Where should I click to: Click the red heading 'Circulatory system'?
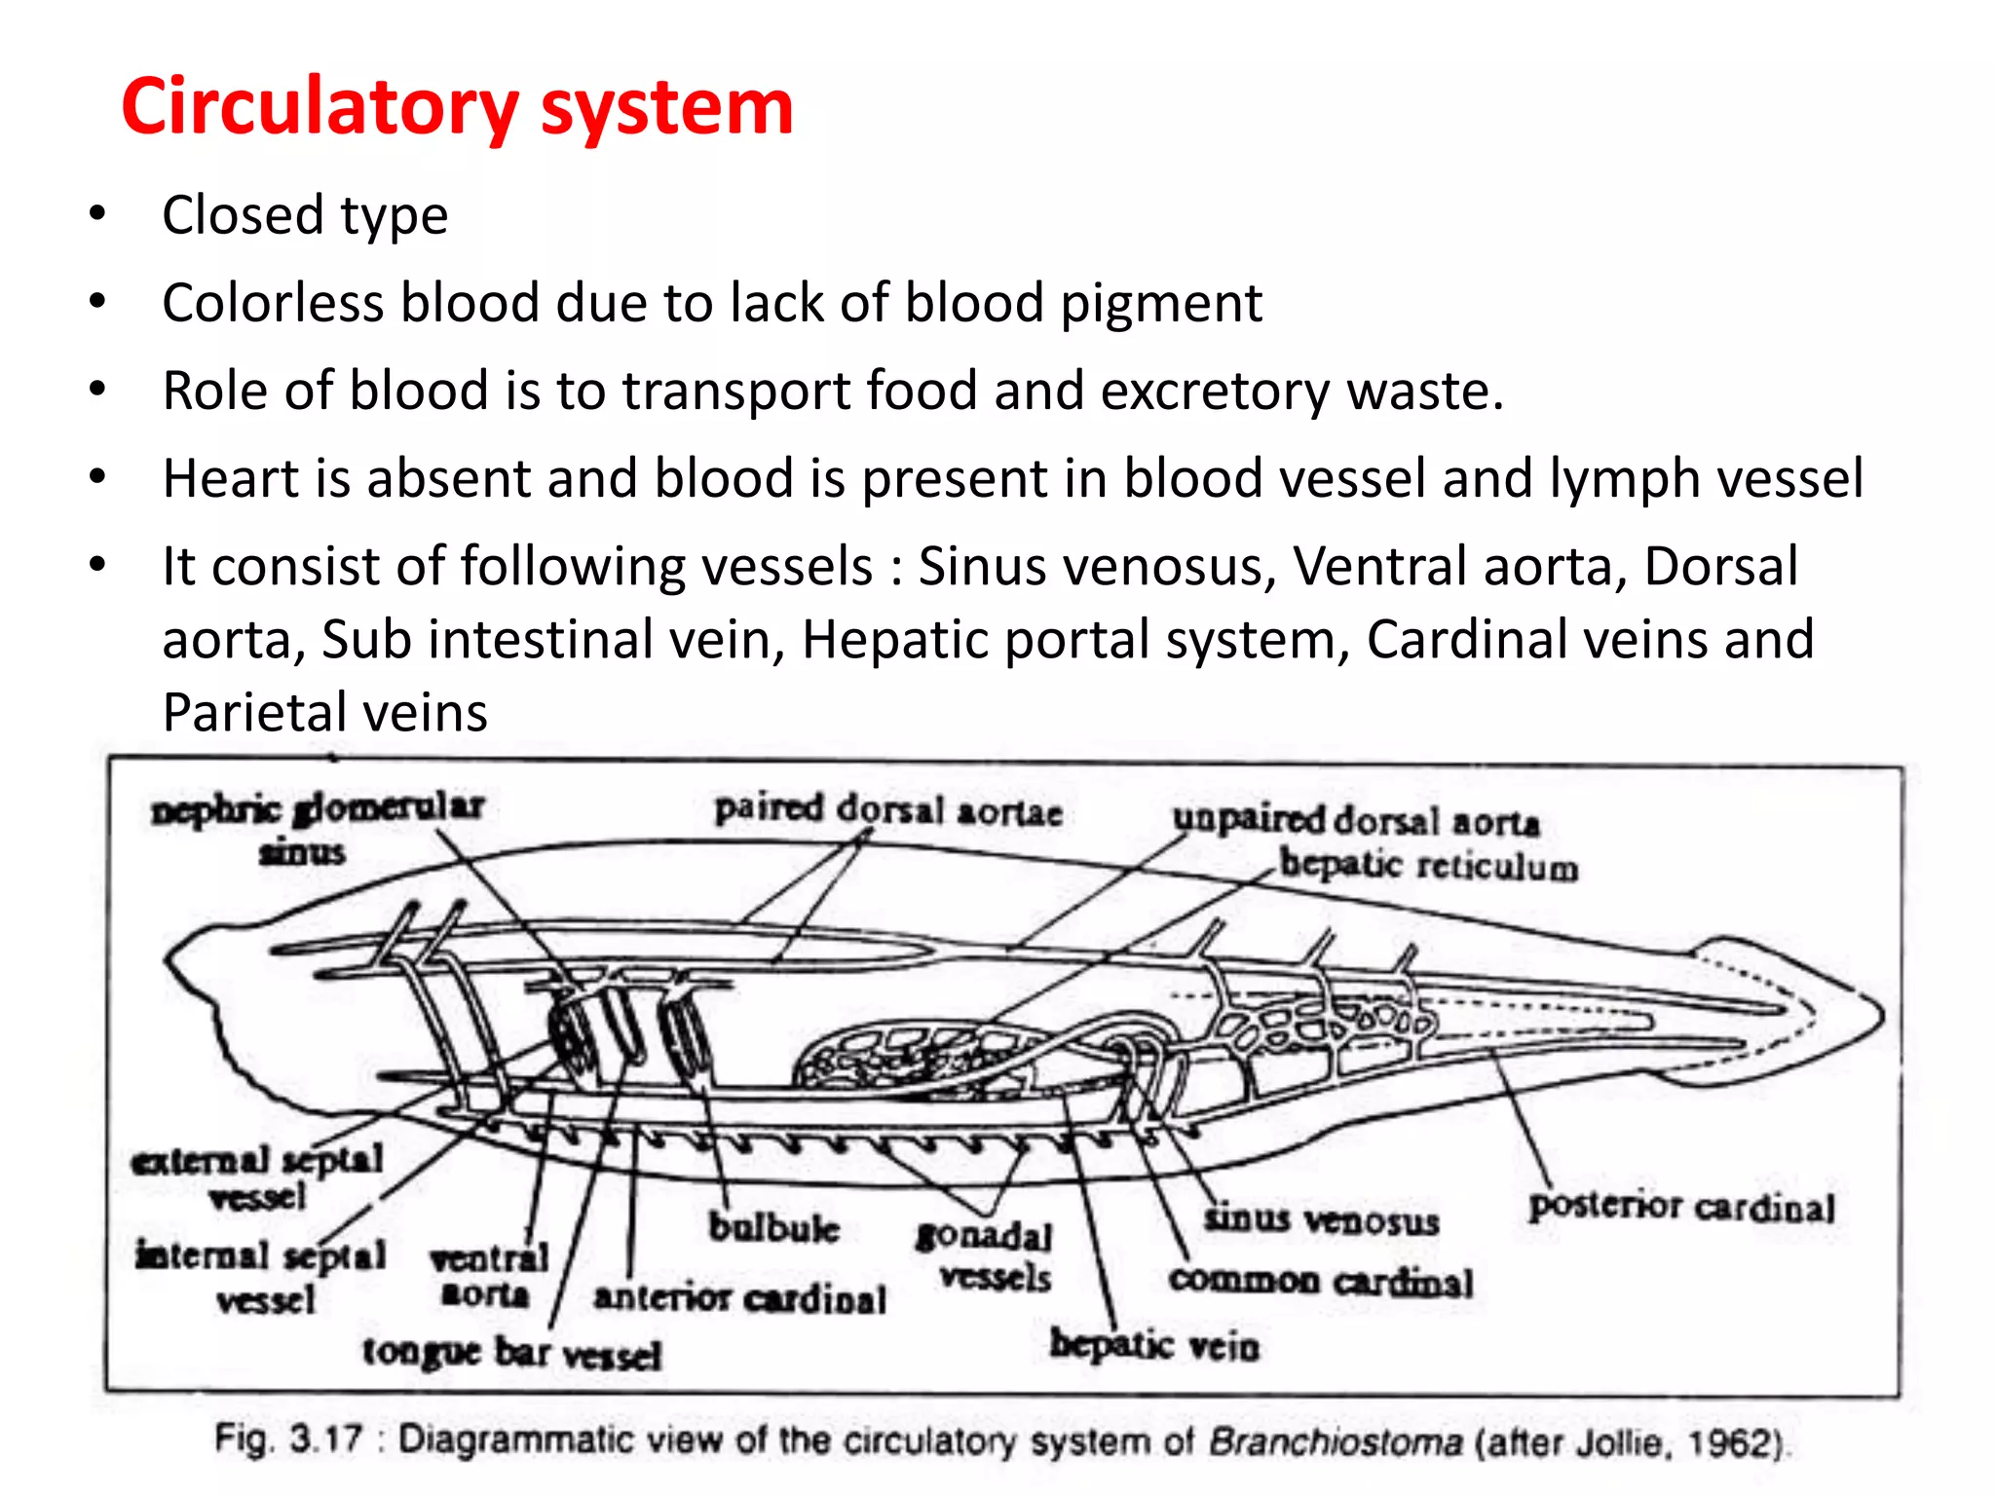point(457,106)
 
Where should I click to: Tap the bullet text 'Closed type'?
point(305,215)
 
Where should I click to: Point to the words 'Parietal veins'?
point(324,712)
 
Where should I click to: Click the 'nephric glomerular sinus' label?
point(317,828)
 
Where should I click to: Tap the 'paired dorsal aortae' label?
point(887,810)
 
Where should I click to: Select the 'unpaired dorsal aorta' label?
point(1356,820)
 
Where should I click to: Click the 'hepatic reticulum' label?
point(1428,865)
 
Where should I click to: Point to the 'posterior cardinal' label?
point(1681,1207)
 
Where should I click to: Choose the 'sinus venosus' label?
point(1321,1219)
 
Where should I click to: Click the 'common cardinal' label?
point(1321,1281)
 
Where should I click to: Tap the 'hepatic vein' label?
point(1154,1346)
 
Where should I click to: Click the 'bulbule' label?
point(773,1227)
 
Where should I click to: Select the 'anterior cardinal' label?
point(740,1297)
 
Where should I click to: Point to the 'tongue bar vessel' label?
point(512,1353)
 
